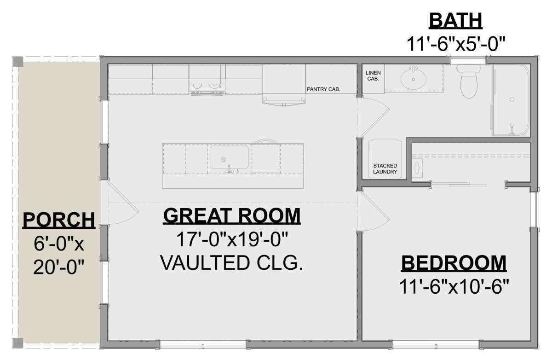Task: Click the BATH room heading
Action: point(455,21)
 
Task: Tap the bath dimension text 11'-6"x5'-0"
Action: point(456,44)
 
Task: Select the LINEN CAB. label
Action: point(373,75)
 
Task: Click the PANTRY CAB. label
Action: point(323,89)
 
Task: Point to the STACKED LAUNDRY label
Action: point(385,168)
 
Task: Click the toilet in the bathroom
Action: point(469,81)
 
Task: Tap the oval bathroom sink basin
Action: point(413,78)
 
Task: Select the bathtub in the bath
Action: point(511,100)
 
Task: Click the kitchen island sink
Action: point(229,157)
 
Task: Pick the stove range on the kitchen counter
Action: point(207,79)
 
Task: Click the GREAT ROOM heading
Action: point(232,216)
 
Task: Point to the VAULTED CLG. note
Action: point(232,263)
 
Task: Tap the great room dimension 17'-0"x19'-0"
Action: point(232,239)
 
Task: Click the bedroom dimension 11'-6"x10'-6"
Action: point(454,287)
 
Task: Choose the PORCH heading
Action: point(59,220)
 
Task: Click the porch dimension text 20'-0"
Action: point(59,267)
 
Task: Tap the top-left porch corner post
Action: point(18,62)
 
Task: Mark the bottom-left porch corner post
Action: point(18,343)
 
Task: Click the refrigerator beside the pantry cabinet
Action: point(284,84)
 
